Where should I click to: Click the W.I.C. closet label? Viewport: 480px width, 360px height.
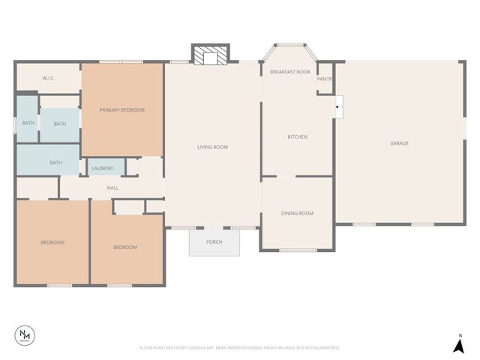(49, 78)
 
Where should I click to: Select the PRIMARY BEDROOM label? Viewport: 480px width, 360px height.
(122, 110)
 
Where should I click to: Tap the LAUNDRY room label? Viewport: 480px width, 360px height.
(103, 169)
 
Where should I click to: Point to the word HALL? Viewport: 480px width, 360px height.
(112, 187)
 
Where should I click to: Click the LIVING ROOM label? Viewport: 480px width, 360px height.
(212, 147)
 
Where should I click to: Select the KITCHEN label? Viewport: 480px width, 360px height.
(298, 136)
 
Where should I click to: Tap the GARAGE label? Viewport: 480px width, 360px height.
(399, 143)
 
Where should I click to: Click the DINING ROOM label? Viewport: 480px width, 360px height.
(297, 214)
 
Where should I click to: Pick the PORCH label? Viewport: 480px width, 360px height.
(214, 242)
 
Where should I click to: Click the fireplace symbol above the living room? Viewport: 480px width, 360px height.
(211, 56)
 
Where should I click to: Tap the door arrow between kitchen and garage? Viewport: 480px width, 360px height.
(338, 107)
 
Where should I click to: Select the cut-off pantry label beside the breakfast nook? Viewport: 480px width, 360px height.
(325, 79)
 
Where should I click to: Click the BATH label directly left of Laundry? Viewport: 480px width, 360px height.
(56, 162)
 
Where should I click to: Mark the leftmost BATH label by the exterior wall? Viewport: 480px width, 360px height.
(28, 123)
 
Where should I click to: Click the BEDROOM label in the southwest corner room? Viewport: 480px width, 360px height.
(52, 242)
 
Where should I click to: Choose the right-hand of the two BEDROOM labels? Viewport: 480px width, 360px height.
(125, 247)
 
